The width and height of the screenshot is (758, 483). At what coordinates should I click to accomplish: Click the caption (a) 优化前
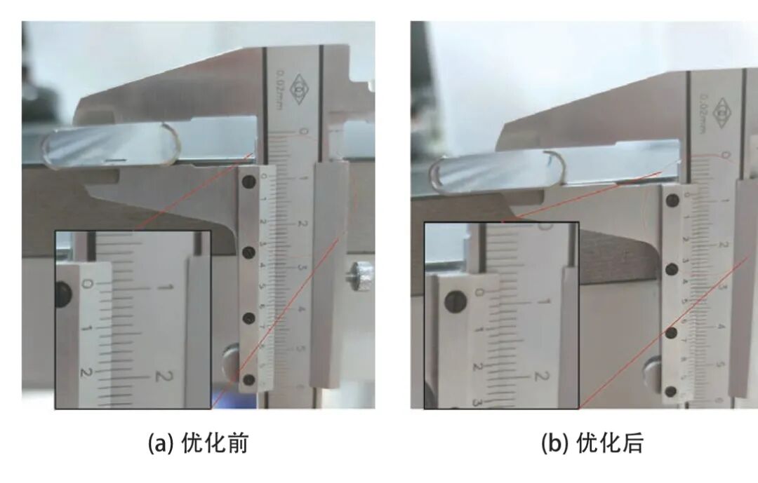[197, 443]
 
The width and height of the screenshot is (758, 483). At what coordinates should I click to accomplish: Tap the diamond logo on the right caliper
[722, 110]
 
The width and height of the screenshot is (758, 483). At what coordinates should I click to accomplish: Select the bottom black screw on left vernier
[248, 379]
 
